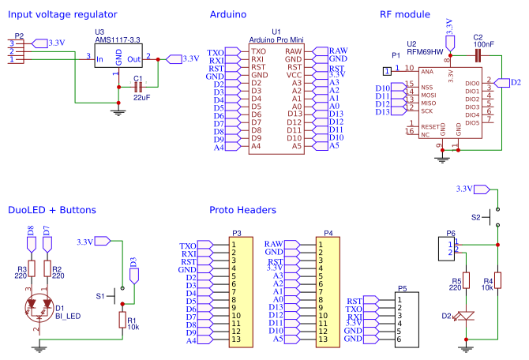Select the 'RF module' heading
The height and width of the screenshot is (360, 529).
[x=405, y=14]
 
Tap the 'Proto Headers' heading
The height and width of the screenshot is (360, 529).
[x=242, y=210]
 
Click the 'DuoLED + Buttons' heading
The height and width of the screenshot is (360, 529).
[x=51, y=210]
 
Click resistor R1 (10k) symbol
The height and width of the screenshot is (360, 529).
[x=122, y=319]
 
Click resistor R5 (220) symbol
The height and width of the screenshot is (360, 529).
[x=466, y=281]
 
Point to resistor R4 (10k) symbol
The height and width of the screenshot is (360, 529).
[x=498, y=281]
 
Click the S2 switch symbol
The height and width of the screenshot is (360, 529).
[x=494, y=215]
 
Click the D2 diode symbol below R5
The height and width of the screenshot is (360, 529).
[x=466, y=317]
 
